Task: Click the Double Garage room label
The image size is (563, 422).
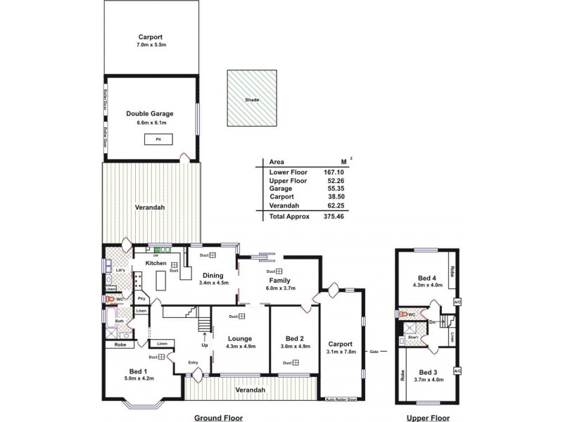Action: point(149,113)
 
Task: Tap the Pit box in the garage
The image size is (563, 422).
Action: point(149,139)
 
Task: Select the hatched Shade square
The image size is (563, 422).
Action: point(253,99)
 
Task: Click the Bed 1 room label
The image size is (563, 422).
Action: point(137,371)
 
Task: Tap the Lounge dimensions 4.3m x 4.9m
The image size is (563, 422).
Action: point(241,347)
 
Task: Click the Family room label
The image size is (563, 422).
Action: point(280,280)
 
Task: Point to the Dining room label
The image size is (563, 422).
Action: point(213,275)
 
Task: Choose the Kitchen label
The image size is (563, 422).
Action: point(156,263)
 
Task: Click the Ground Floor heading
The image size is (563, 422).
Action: point(218,418)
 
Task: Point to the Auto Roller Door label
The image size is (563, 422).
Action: point(341,399)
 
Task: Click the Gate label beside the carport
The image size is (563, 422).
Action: point(374,352)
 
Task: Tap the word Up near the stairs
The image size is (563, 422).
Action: point(205,345)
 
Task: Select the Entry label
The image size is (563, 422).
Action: point(193,363)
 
